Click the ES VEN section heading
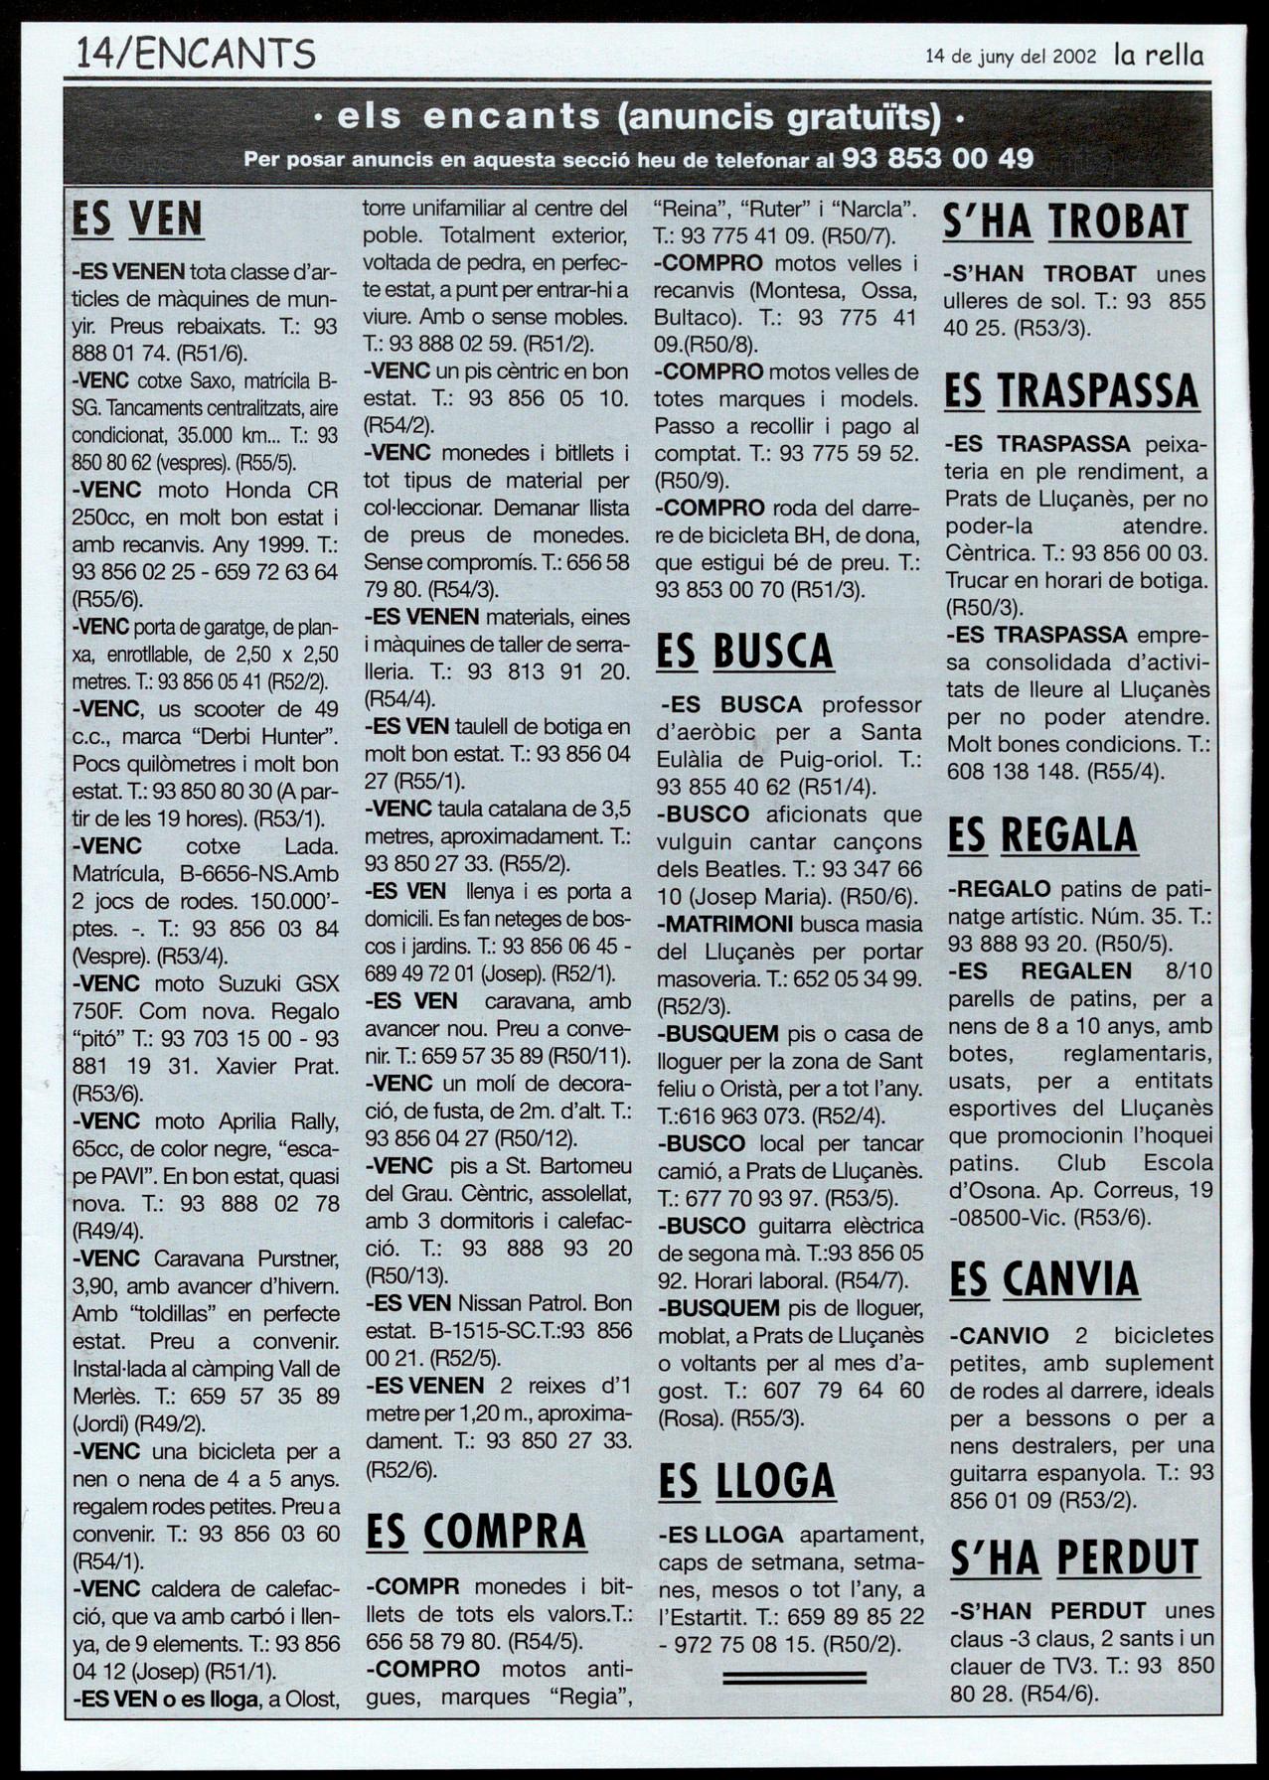[137, 220]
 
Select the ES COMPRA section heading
[476, 1531]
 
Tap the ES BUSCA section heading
[744, 652]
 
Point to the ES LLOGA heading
[746, 1481]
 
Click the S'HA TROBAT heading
[1065, 222]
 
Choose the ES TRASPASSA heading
[1071, 390]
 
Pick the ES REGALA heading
[1041, 834]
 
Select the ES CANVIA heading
[1043, 1278]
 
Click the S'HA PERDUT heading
[1074, 1557]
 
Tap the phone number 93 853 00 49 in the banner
[937, 158]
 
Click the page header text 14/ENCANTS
[196, 53]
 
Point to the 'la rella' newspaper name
[1158, 55]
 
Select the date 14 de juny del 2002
[1011, 57]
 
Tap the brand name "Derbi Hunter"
[259, 737]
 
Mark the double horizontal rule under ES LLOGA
[794, 1677]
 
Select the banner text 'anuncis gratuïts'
[778, 117]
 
